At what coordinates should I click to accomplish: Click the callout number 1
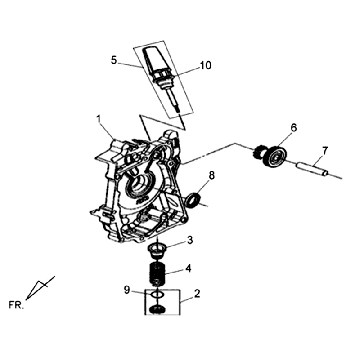(x=98, y=119)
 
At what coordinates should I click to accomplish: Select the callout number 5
(x=114, y=61)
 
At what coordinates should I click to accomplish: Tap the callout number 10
(x=206, y=65)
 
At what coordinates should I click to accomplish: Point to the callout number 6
(x=293, y=127)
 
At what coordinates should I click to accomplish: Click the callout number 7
(x=325, y=151)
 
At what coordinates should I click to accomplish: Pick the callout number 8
(x=212, y=175)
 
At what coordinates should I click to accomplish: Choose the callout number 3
(x=190, y=240)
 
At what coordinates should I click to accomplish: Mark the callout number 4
(x=189, y=268)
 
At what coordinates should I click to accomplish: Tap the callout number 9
(x=127, y=290)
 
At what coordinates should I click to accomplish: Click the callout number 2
(x=197, y=294)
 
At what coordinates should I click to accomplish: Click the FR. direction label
(x=16, y=305)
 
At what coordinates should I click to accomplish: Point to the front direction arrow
(x=40, y=287)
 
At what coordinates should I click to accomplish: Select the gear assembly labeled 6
(x=271, y=156)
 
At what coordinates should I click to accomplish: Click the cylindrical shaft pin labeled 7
(x=313, y=168)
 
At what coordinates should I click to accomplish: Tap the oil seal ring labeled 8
(x=194, y=200)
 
